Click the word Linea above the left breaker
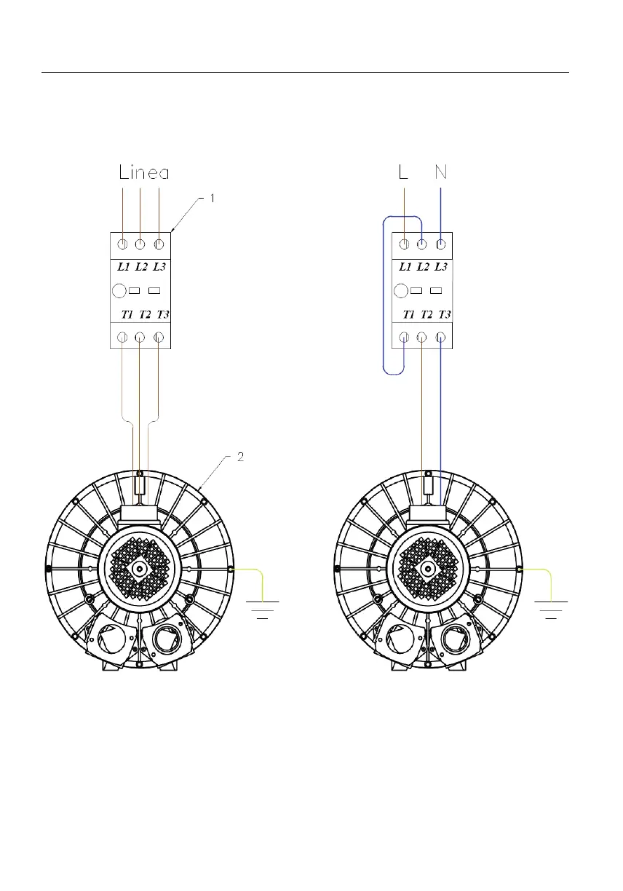point(144,172)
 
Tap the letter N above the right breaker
point(440,172)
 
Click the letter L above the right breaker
point(403,172)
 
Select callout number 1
point(213,198)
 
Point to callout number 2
point(240,457)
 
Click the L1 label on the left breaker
point(124,266)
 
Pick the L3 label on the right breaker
point(440,266)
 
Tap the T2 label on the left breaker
point(145,315)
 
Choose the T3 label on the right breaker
point(444,315)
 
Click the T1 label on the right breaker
point(409,315)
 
